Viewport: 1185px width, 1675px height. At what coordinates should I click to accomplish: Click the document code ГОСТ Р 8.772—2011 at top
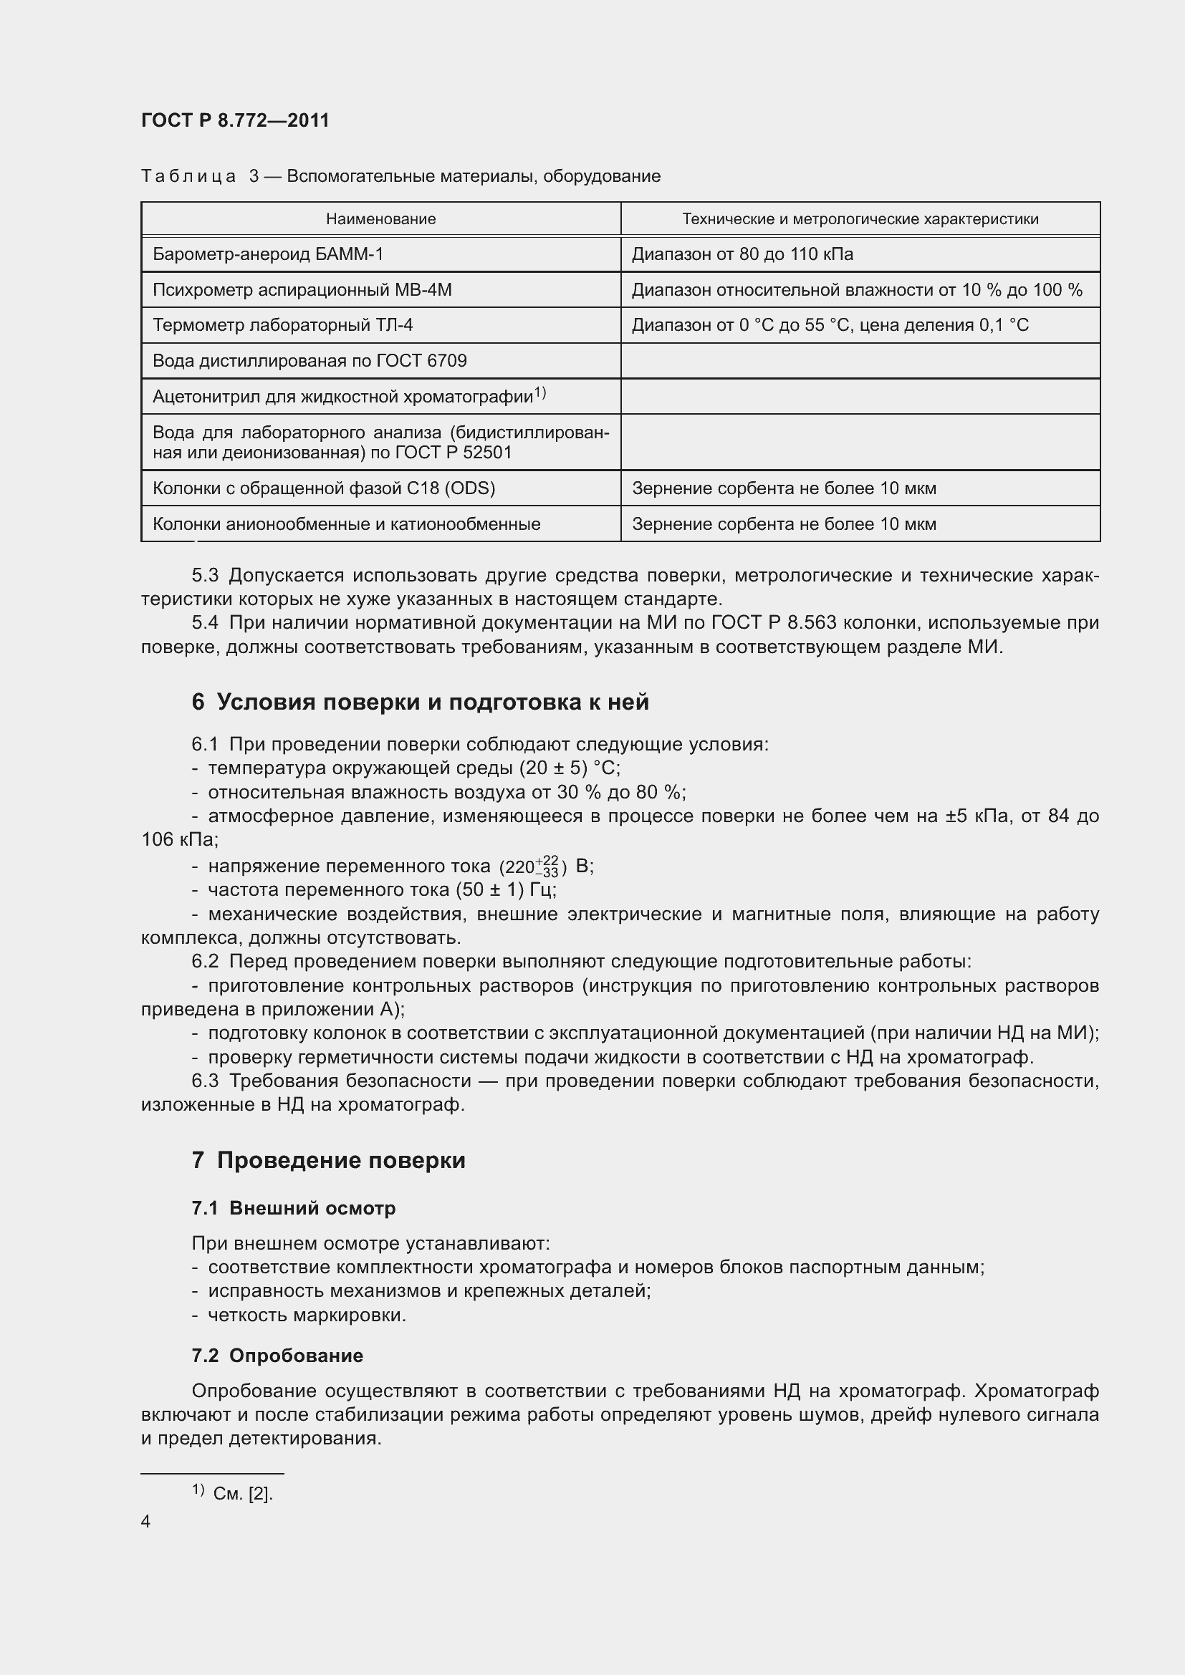(x=235, y=120)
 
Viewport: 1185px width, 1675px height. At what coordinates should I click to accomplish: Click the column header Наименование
(x=380, y=219)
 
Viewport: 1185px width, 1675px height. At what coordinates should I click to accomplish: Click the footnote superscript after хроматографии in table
(x=540, y=392)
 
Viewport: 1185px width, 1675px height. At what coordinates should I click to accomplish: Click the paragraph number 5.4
(x=204, y=622)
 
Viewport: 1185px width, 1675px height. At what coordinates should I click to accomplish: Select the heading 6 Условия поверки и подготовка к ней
(x=420, y=702)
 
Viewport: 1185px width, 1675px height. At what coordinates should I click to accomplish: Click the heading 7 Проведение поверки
(x=328, y=1160)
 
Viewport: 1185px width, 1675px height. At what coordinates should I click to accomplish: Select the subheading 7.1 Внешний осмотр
(x=293, y=1208)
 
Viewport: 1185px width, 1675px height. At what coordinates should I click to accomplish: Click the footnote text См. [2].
(x=243, y=1493)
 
